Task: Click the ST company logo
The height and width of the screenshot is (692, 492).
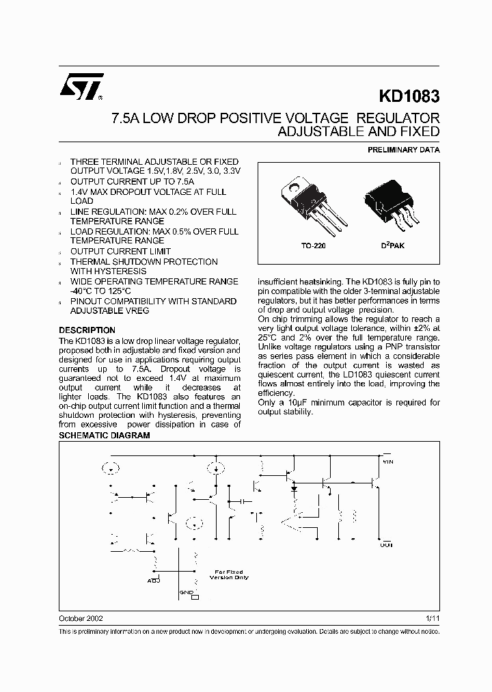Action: tap(81, 87)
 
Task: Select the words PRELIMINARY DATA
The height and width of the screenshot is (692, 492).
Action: tap(404, 150)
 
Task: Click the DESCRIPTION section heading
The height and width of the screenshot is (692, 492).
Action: tap(87, 330)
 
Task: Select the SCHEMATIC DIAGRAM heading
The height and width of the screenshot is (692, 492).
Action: tap(104, 436)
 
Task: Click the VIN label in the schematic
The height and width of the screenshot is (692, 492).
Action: tap(387, 462)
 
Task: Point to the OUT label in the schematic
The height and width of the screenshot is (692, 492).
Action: tap(386, 545)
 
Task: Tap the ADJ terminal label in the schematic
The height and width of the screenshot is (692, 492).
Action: tap(153, 581)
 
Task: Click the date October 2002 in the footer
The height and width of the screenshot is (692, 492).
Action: tap(81, 617)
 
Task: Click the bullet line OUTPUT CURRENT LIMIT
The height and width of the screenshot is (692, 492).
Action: tap(120, 252)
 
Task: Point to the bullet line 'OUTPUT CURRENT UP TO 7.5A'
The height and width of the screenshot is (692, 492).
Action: tap(133, 182)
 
